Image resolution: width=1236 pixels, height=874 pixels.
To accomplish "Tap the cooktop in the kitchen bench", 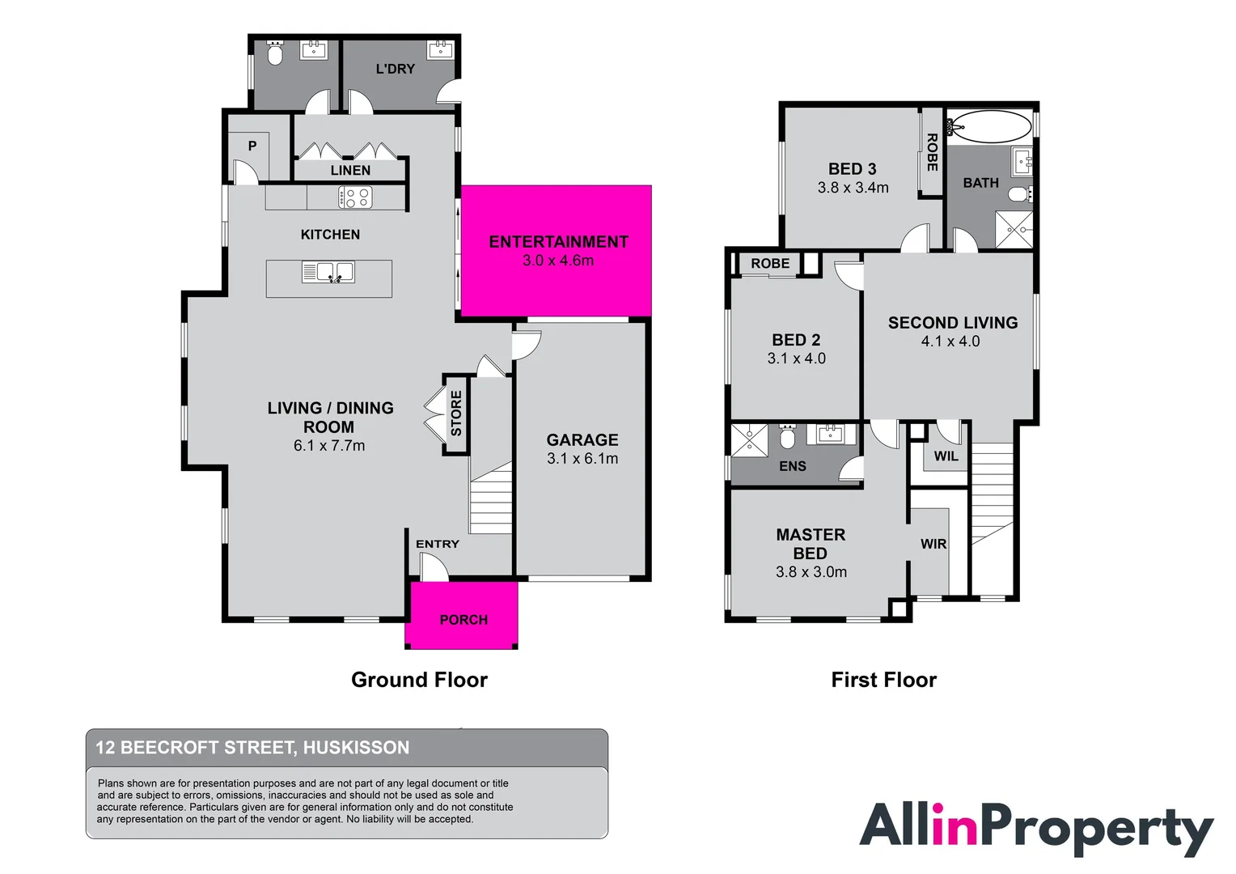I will [355, 197].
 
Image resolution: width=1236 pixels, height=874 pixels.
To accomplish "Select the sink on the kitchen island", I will [328, 272].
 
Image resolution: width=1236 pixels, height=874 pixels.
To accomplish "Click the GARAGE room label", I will [582, 440].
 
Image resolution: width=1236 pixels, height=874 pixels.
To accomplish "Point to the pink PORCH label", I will [463, 620].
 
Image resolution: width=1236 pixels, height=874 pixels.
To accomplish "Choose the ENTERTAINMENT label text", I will [558, 242].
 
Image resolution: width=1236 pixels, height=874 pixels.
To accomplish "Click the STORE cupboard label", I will [456, 413].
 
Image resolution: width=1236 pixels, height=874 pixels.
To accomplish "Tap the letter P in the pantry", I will [252, 146].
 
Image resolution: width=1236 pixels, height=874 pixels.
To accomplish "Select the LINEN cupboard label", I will [350, 171].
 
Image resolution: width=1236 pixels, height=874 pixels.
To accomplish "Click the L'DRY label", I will [395, 70].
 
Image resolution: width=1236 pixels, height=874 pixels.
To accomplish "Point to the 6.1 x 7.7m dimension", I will [329, 446].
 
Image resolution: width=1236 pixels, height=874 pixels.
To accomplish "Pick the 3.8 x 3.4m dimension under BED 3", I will [853, 188].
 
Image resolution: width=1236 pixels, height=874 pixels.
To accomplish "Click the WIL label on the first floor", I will [946, 456].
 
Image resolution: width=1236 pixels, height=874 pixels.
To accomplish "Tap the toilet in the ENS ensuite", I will [787, 438].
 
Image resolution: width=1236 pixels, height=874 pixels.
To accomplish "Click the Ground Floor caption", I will [419, 680].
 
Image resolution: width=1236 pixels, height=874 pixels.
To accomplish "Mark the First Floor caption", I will [883, 680].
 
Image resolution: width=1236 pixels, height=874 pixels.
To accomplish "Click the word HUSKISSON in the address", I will [356, 748].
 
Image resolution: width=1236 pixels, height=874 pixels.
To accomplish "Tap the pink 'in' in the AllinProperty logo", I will [955, 825].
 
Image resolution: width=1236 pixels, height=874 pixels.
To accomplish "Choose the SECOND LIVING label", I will [952, 323].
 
